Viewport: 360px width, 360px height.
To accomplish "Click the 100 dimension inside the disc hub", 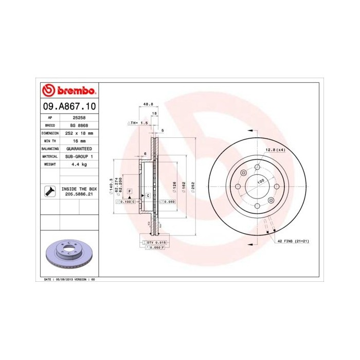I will point(260,181).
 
